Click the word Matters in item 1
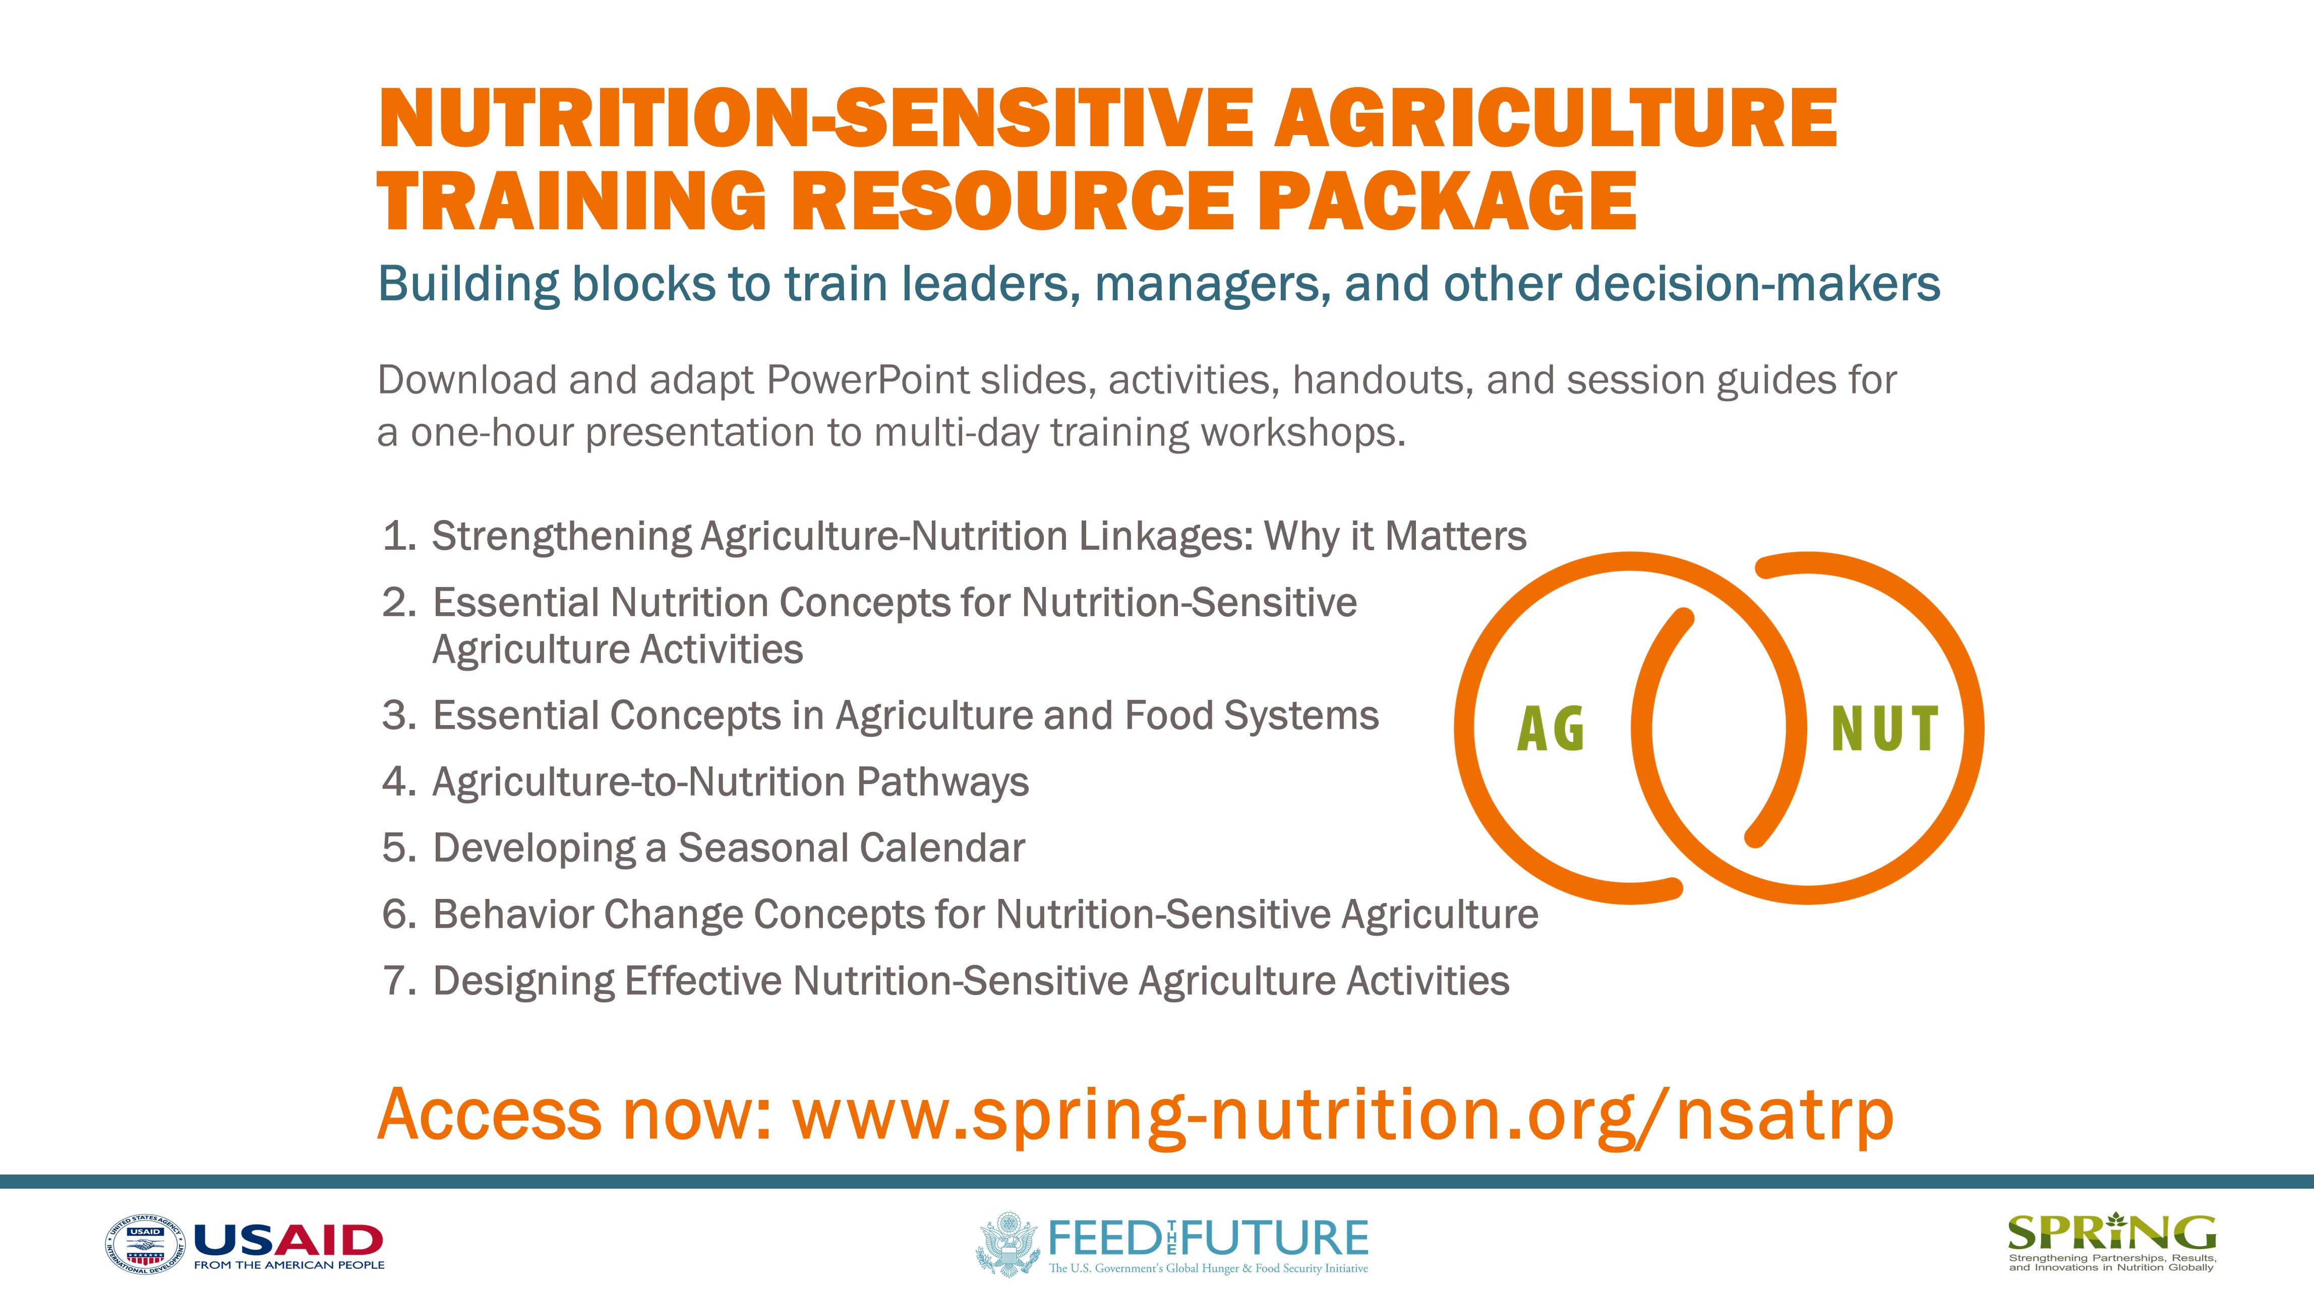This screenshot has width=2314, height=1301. click(1455, 536)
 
